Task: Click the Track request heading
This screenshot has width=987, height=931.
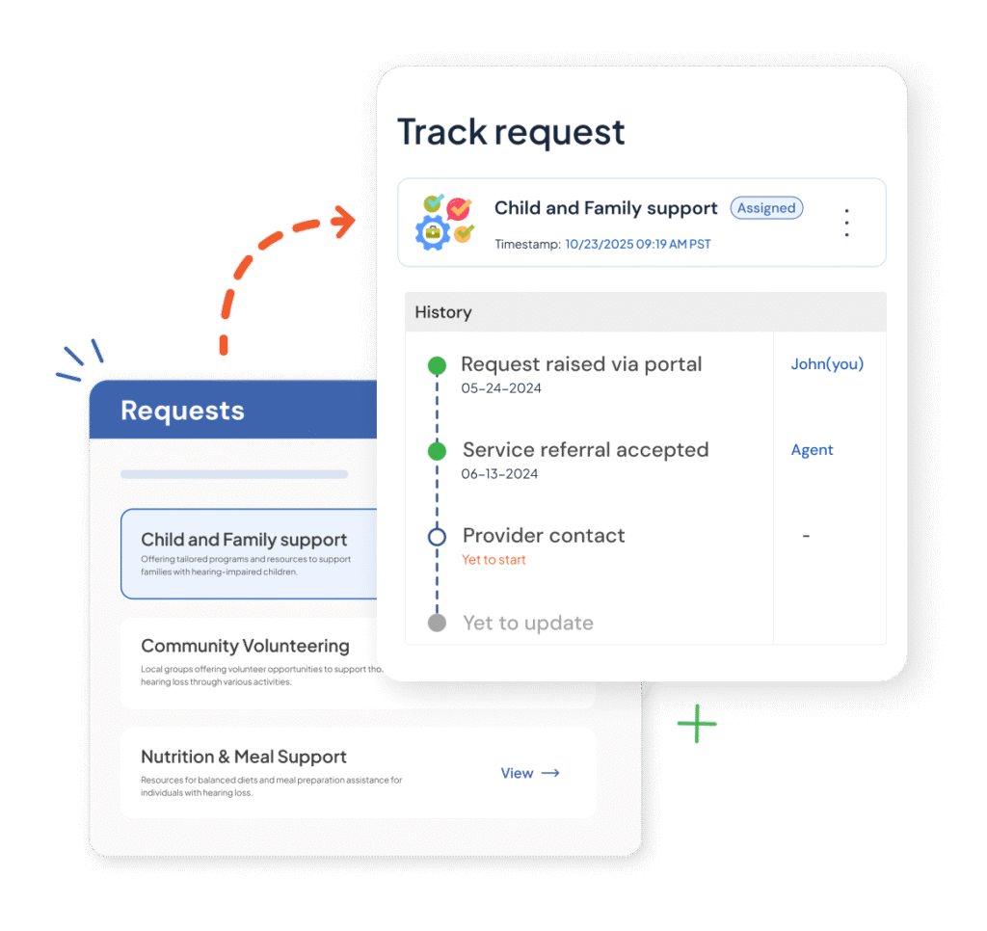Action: [511, 132]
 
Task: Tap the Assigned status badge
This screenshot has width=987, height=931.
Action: [766, 208]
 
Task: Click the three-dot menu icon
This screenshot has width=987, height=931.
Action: [846, 223]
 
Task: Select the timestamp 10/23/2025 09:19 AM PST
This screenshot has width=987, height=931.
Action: [637, 245]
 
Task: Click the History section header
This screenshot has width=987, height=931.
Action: [443, 312]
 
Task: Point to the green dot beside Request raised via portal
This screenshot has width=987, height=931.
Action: [437, 365]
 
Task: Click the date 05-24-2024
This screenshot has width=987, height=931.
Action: [501, 388]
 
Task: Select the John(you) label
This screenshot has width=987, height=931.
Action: [827, 364]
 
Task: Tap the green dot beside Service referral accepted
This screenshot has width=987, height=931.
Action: [437, 451]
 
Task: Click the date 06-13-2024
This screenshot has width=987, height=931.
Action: [500, 474]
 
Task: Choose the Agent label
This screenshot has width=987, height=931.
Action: [812, 450]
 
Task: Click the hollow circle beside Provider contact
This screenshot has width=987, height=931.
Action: [437, 537]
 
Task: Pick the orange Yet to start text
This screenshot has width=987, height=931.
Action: [493, 560]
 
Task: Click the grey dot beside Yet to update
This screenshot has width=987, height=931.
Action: [437, 623]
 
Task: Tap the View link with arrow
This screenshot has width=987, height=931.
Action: [529, 773]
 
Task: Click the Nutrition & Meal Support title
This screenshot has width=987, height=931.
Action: [244, 757]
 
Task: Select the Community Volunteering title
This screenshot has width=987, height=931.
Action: [245, 646]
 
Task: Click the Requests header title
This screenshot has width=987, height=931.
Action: [182, 411]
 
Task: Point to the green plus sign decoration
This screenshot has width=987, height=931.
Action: [696, 723]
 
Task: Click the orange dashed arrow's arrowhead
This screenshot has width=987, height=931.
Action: [341, 222]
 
